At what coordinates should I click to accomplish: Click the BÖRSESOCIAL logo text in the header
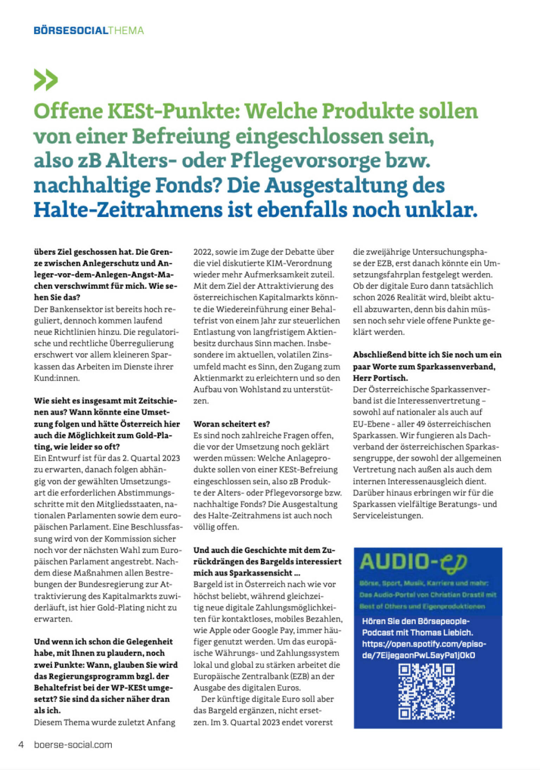click(71, 31)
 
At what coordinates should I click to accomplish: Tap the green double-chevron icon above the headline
click(46, 80)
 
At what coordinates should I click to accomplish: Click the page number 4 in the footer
click(21, 744)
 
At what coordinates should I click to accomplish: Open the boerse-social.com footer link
click(73, 744)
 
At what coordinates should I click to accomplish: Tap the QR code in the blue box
click(426, 691)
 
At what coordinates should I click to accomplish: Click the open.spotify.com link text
click(424, 644)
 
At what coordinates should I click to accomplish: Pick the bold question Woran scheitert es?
click(231, 424)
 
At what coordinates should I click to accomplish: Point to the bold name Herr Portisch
click(380, 378)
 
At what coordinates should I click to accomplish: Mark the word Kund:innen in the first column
click(57, 378)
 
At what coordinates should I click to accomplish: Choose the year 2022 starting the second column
click(202, 252)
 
